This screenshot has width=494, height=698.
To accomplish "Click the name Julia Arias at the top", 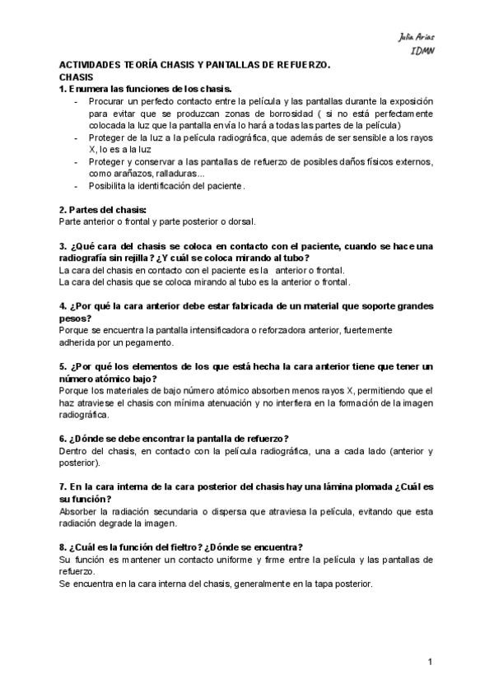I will click(417, 38).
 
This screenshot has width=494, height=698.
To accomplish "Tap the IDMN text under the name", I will click(423, 49).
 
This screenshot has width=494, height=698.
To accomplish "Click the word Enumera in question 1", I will click(89, 88).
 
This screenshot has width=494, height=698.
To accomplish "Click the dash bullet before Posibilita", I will click(76, 186).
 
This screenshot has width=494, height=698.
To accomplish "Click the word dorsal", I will click(242, 221).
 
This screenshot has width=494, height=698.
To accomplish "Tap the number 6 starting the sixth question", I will click(63, 438).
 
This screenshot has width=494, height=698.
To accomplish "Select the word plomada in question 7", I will click(328, 486).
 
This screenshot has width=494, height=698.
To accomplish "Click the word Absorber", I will click(80, 511).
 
